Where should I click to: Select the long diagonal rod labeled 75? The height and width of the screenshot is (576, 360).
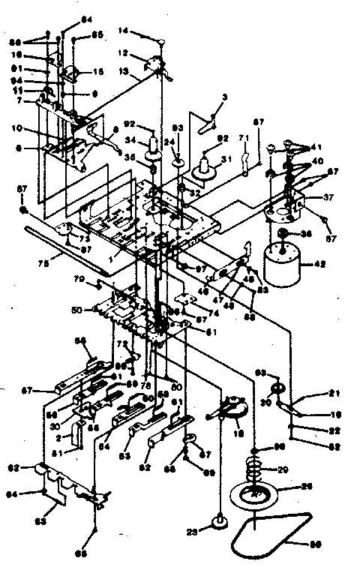(x=67, y=243)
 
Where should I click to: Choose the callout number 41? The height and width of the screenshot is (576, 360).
(x=316, y=148)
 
